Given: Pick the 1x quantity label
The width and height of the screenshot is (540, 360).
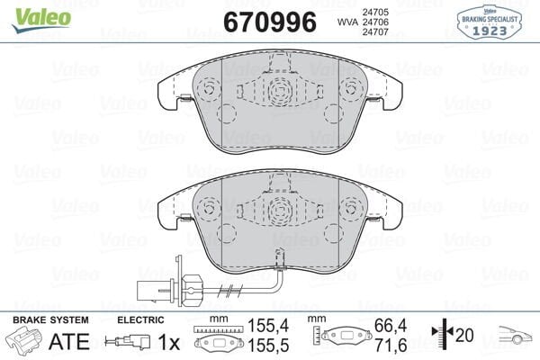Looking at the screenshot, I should pos(167,342).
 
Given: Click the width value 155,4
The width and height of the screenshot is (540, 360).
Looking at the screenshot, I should pos(260,332).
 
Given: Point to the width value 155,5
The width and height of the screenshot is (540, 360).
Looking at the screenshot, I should pos(260,346).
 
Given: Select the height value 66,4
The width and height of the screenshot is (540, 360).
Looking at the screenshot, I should pos(399,332).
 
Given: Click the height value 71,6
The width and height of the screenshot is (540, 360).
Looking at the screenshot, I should pos(399,346).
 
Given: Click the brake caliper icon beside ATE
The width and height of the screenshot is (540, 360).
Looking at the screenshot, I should pos(25,343).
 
